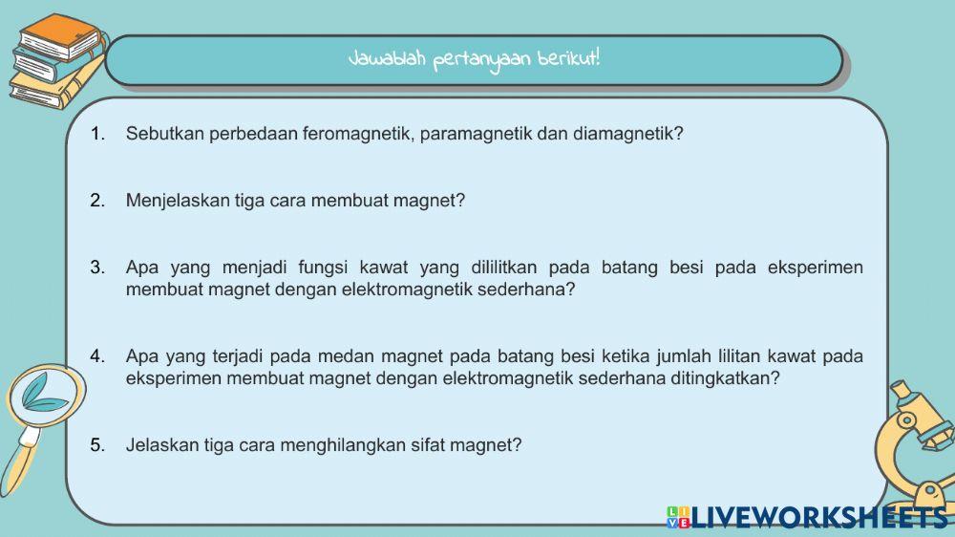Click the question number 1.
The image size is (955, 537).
tap(97, 134)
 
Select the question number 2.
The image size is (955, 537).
tap(97, 201)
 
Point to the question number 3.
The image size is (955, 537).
tap(97, 268)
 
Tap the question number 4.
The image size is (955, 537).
tap(97, 356)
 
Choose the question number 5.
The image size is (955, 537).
tap(97, 444)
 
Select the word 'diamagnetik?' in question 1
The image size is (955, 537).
tap(628, 134)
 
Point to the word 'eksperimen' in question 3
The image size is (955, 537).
tap(816, 268)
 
